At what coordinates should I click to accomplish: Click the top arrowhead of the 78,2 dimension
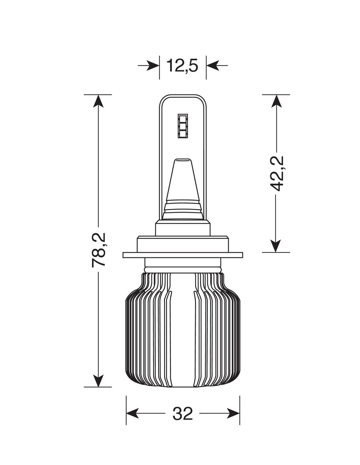click(x=99, y=101)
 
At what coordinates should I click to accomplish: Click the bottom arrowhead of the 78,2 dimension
click(x=99, y=381)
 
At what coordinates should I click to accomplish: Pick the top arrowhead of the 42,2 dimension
click(x=276, y=101)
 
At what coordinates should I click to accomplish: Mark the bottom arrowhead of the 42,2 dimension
click(x=276, y=246)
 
